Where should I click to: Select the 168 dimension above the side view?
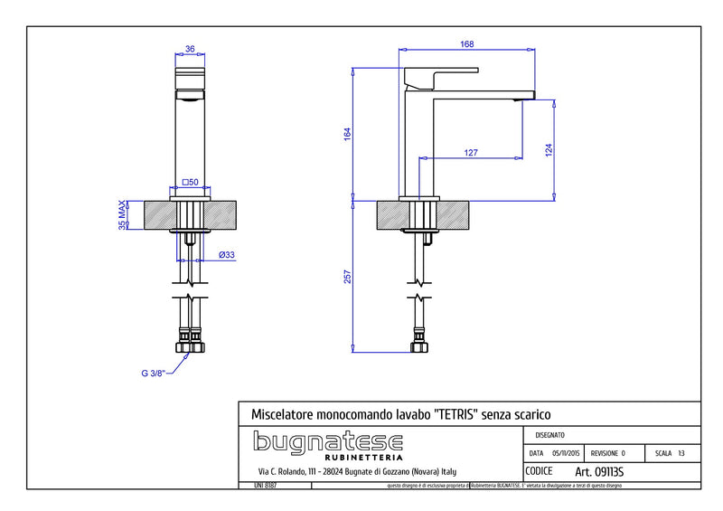[x=466, y=43]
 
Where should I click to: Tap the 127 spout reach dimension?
[x=471, y=152]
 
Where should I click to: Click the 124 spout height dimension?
[x=549, y=149]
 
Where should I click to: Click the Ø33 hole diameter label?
[x=227, y=255]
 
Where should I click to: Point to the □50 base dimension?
[x=190, y=183]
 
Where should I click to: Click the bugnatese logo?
[x=327, y=444]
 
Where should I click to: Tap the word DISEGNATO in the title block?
[x=553, y=435]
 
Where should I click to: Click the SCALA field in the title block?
[x=670, y=453]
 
